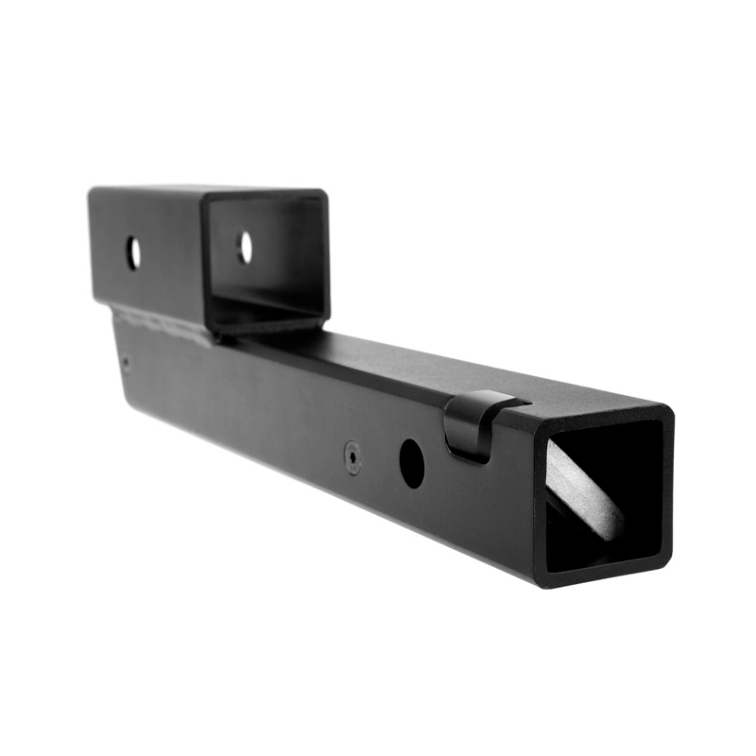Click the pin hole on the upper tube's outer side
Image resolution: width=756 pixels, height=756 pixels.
pos(133,252)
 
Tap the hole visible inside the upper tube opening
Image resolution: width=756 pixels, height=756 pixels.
pos(245,248)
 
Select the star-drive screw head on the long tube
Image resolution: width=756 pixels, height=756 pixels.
pos(352,456)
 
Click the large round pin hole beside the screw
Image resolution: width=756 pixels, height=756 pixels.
pos(411,463)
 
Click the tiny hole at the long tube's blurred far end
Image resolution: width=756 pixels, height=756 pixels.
pos(126,359)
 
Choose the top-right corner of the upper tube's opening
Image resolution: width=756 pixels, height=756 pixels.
pos(325,193)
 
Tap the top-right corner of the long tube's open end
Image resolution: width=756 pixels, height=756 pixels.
pos(669,410)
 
